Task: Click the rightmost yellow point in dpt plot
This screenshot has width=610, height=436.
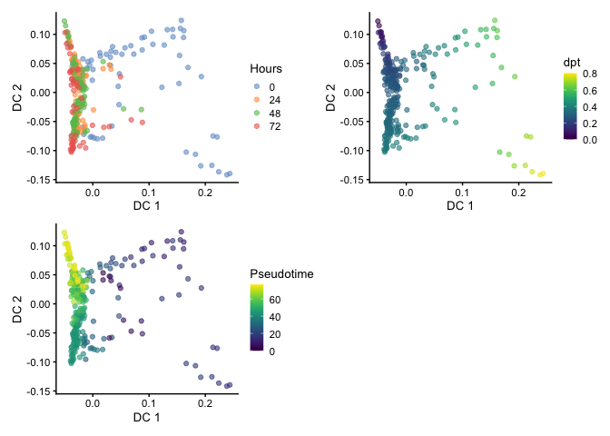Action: [543, 173]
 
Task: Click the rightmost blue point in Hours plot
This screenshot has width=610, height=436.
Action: [230, 173]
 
